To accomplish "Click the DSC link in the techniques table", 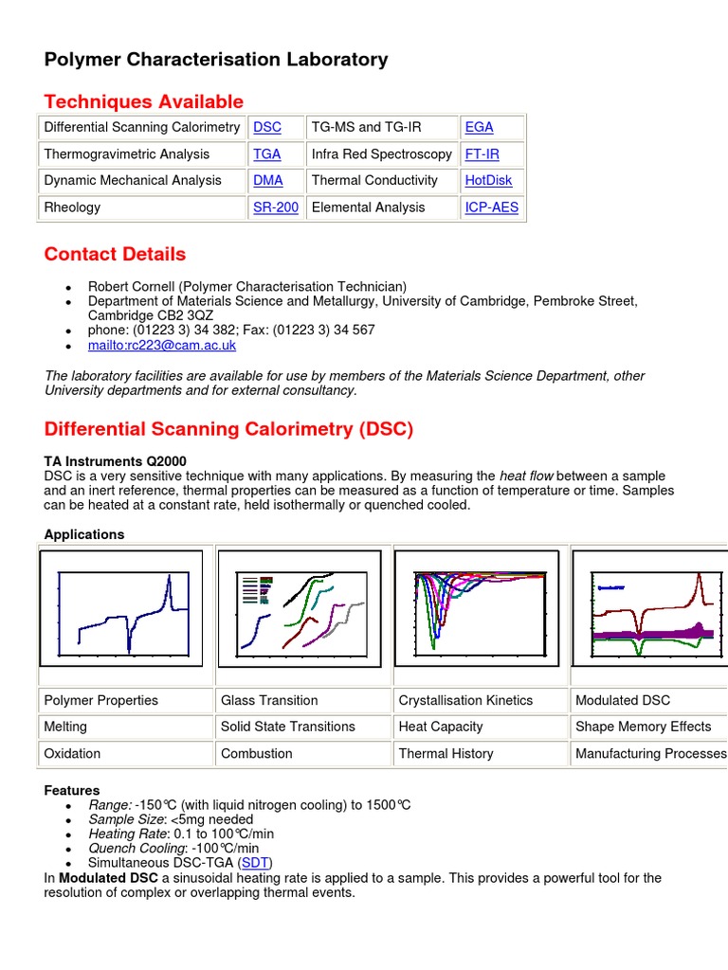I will [x=267, y=128].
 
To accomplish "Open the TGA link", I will [x=267, y=154].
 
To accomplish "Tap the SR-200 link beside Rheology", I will [x=276, y=207].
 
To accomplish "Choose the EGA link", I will [x=479, y=128].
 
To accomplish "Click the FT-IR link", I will [x=482, y=154].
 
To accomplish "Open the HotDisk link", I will [x=488, y=181].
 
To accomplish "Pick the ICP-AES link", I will [x=491, y=207].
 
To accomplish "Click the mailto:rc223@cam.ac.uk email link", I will [x=162, y=346].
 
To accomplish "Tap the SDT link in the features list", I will [x=255, y=863].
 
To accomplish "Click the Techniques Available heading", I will [x=144, y=101].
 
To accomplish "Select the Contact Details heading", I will [x=115, y=254].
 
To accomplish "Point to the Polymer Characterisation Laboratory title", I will [x=216, y=60].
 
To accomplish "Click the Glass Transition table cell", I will [x=269, y=701].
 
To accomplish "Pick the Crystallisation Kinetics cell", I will [x=465, y=701].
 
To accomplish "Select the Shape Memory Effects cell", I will [x=643, y=727].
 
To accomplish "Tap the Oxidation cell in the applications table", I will [x=72, y=754].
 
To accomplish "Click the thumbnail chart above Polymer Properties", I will [x=120, y=608].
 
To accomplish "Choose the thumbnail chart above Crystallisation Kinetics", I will [x=476, y=608].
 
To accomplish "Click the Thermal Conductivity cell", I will [x=374, y=181].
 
